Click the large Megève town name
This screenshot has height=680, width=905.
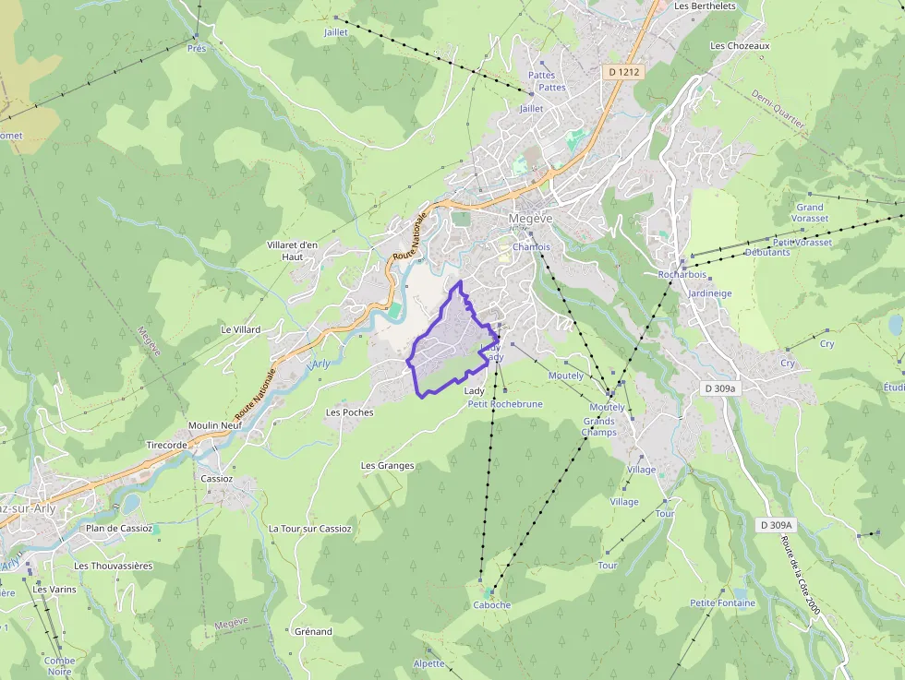tap(530, 219)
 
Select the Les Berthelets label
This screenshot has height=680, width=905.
tap(705, 6)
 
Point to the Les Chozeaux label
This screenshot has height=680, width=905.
tap(740, 45)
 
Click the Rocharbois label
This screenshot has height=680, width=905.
tap(682, 274)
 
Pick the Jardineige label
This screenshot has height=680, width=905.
tap(709, 293)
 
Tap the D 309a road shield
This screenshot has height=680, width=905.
tap(720, 388)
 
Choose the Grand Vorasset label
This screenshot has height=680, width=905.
tap(810, 213)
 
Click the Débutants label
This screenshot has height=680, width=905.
tap(767, 252)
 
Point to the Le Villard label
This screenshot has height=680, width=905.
tap(240, 329)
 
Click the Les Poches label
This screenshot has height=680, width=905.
tap(350, 412)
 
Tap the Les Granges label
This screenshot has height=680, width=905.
tap(387, 466)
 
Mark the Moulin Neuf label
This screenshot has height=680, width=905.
tap(214, 425)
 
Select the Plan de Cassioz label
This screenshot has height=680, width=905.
tap(118, 529)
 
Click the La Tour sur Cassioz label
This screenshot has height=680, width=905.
tap(309, 529)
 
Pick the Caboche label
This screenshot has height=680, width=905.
tap(491, 605)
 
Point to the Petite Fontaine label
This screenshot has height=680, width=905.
tap(722, 603)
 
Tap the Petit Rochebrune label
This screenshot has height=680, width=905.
tap(504, 404)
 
